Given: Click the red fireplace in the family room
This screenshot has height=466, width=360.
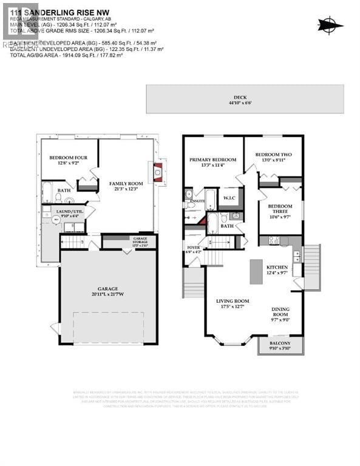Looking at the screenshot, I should click(158, 172).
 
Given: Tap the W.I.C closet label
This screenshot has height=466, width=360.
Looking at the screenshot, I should click(229, 198).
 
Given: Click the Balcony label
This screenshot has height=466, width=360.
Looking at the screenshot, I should click(279, 346).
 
